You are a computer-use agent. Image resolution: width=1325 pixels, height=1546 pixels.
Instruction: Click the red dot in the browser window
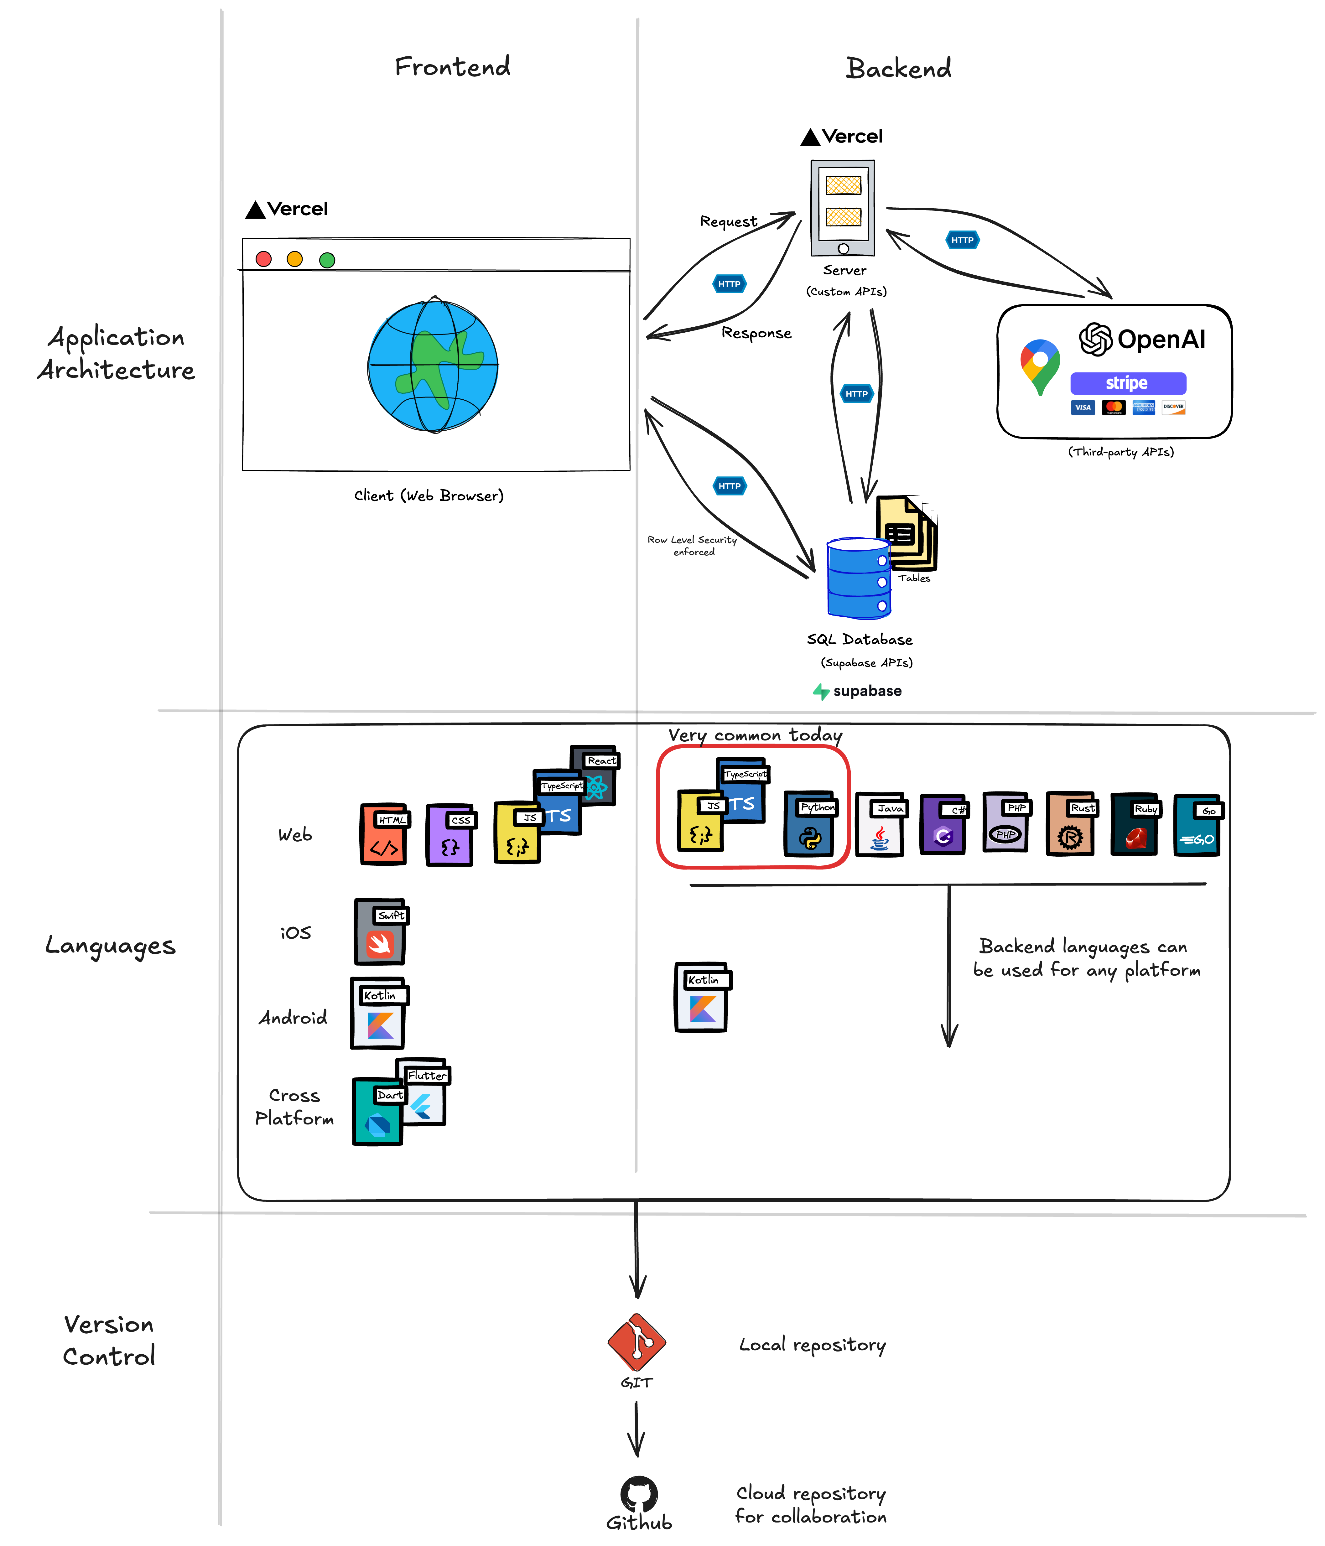263,259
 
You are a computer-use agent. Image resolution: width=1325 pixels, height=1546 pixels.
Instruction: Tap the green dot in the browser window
327,260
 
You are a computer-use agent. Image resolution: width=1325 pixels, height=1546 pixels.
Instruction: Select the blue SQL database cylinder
858,578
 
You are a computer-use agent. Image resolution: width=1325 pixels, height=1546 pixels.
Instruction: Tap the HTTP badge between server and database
856,394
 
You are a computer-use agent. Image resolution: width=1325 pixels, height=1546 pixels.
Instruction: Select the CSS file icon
450,836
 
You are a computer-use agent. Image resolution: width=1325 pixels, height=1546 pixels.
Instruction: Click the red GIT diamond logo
637,1342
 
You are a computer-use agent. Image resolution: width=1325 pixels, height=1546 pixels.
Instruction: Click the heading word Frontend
453,67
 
